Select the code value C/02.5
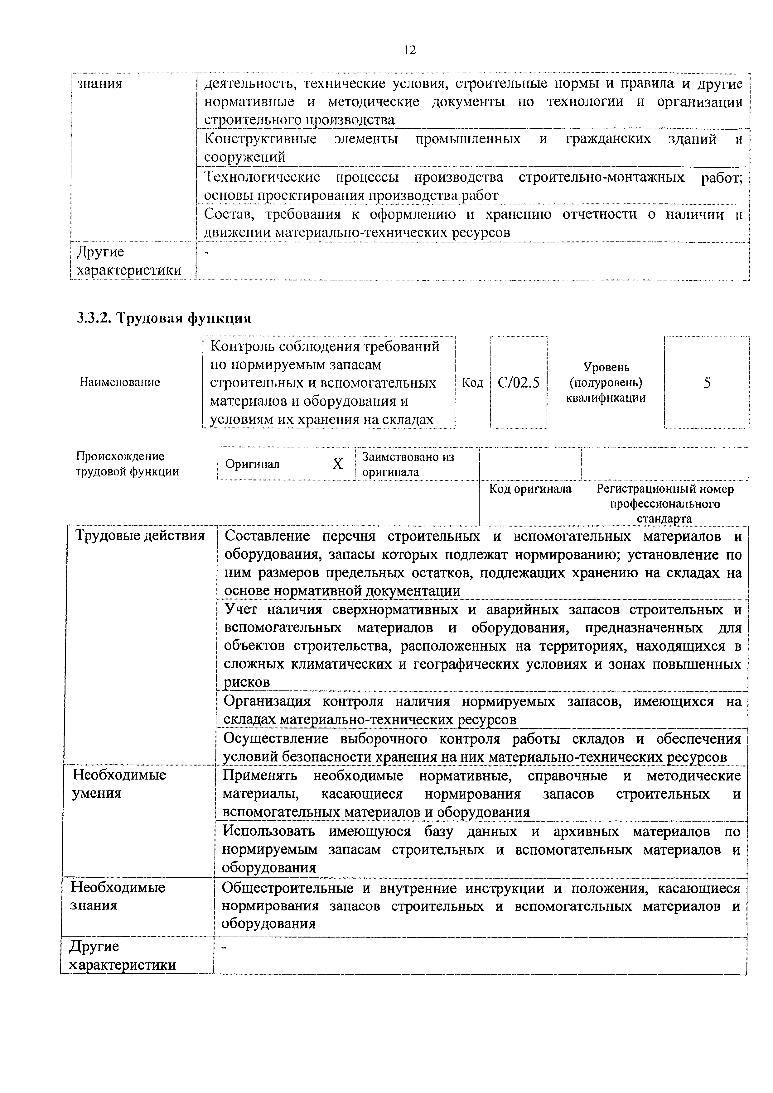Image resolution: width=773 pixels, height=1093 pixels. point(519,382)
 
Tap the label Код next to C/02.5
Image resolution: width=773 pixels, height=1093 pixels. point(472,383)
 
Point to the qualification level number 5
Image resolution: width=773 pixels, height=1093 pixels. point(707,382)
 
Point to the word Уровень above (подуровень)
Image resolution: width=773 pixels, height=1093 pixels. point(606,367)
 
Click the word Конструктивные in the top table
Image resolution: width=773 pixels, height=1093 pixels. point(260,139)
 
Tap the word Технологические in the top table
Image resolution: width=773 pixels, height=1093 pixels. point(262,178)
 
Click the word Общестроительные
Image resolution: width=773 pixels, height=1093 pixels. point(287,888)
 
